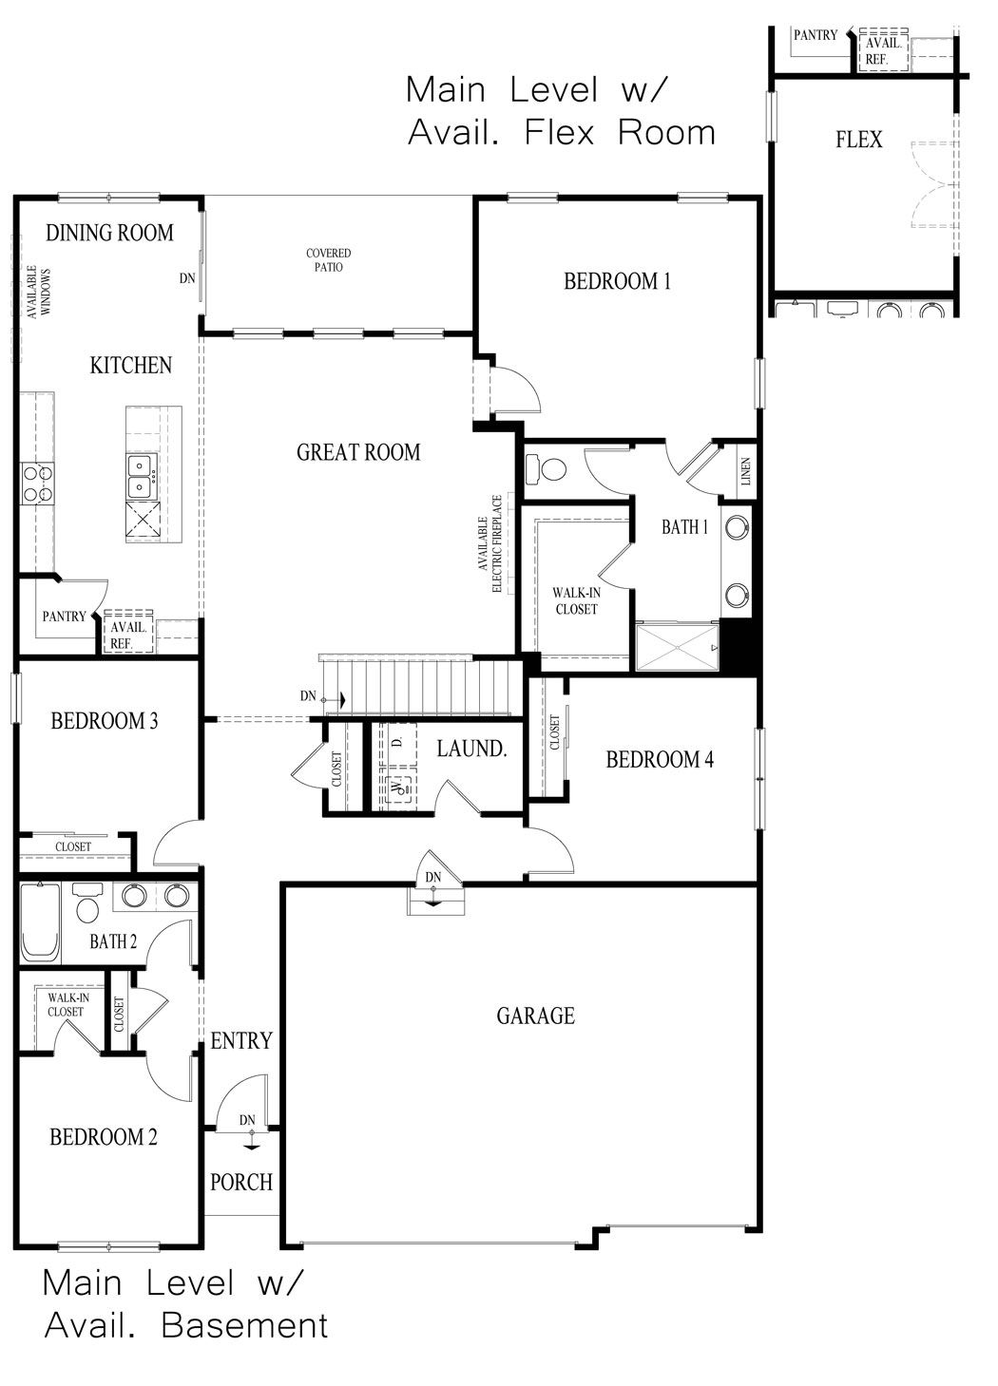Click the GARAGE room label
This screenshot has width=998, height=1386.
coord(535,1016)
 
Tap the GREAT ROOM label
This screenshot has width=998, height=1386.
coord(358,452)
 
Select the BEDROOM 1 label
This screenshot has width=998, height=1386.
coord(617,281)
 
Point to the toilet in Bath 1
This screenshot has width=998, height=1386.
coord(546,468)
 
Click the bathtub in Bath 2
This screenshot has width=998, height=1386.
coord(41,922)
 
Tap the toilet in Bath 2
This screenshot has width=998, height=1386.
coord(87,902)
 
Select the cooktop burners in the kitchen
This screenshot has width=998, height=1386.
coord(38,484)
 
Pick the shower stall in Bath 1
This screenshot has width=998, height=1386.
coord(678,647)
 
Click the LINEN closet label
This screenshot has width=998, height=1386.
coord(745,471)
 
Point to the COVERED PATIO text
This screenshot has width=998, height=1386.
coord(328,260)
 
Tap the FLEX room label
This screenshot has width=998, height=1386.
coord(858,140)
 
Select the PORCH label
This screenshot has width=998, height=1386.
coord(241,1183)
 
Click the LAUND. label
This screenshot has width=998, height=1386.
coord(471,749)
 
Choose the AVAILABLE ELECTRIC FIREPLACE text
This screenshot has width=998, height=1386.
coord(489,544)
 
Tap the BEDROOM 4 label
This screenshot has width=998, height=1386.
coord(660,759)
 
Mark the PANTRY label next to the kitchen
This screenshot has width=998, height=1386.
coord(64,617)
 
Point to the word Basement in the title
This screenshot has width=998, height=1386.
coord(244,1326)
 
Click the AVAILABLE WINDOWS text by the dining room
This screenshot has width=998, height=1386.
coord(38,293)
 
